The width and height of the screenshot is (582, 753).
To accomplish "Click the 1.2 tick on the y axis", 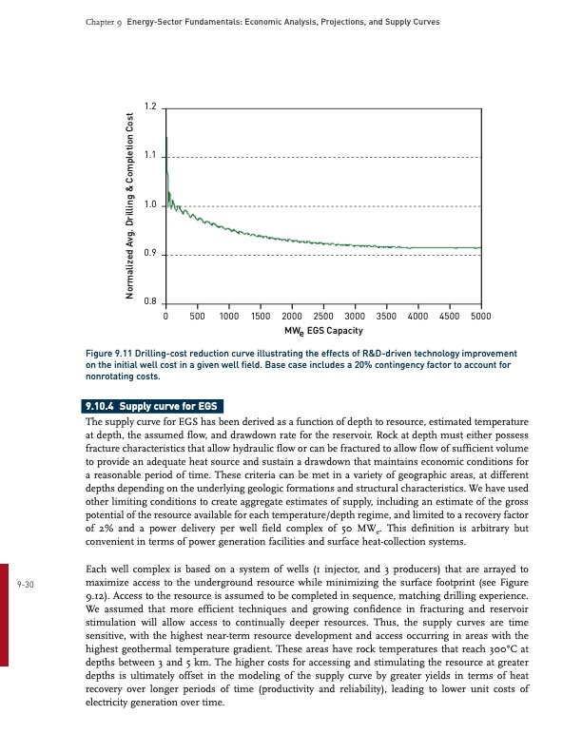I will pyautogui.click(x=149, y=106).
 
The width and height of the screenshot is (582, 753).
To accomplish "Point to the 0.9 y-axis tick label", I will pyautogui.click(x=149, y=254).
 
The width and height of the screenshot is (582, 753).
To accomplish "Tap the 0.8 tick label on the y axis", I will pyautogui.click(x=149, y=302).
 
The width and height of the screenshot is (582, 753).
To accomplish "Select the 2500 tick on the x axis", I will pyautogui.click(x=323, y=317).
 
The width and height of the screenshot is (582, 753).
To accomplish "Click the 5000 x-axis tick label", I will pyautogui.click(x=481, y=317).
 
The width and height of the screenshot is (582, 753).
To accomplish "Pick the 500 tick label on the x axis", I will pyautogui.click(x=198, y=317).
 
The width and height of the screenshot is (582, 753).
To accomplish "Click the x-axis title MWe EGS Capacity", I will pyautogui.click(x=323, y=331).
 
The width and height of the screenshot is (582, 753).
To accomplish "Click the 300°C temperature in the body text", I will pyautogui.click(x=501, y=647).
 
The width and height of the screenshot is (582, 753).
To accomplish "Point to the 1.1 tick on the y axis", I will pyautogui.click(x=149, y=156).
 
